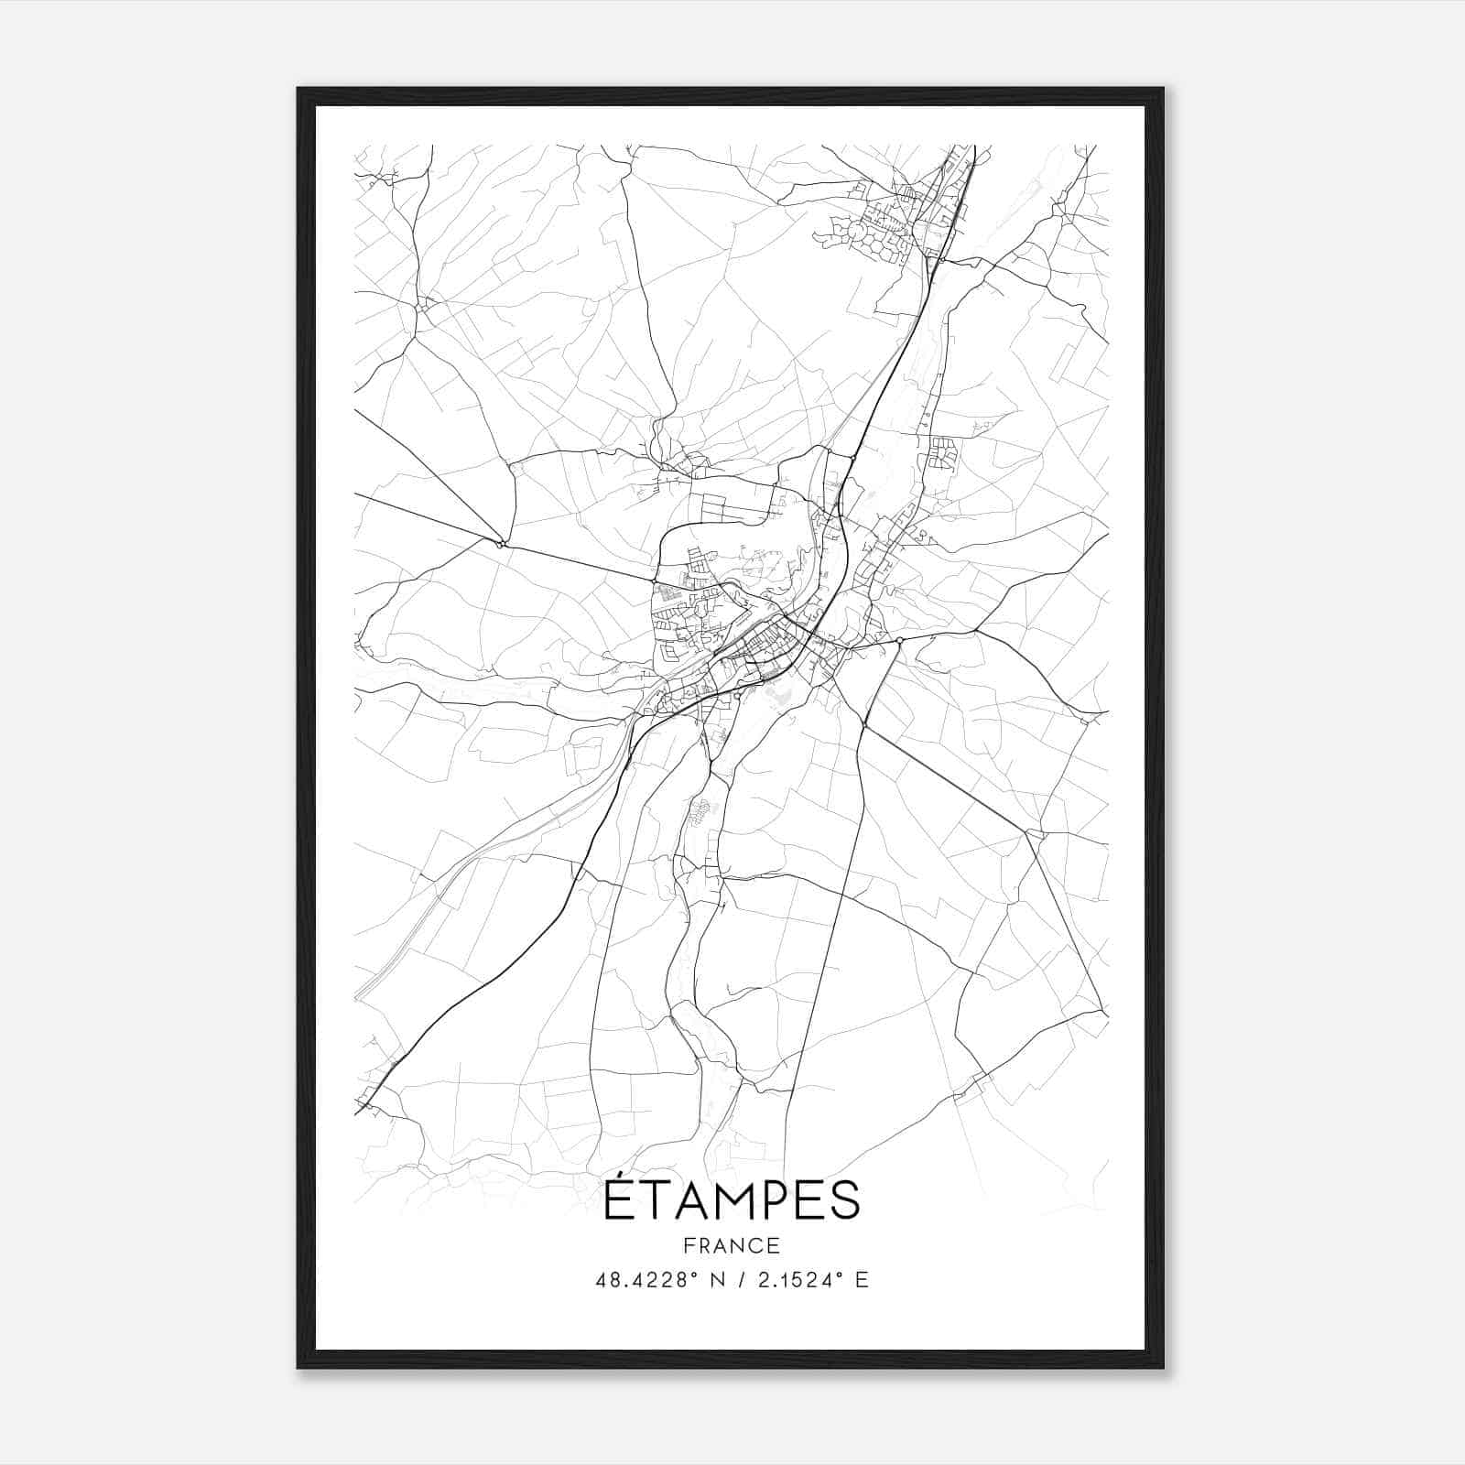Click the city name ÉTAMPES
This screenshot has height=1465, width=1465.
(732, 1200)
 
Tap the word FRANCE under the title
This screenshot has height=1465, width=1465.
(732, 1245)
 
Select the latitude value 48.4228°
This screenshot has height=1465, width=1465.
(648, 1280)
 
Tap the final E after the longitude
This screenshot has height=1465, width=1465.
(861, 1280)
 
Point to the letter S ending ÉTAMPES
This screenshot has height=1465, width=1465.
(845, 1202)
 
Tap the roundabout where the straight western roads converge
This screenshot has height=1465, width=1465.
(501, 544)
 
